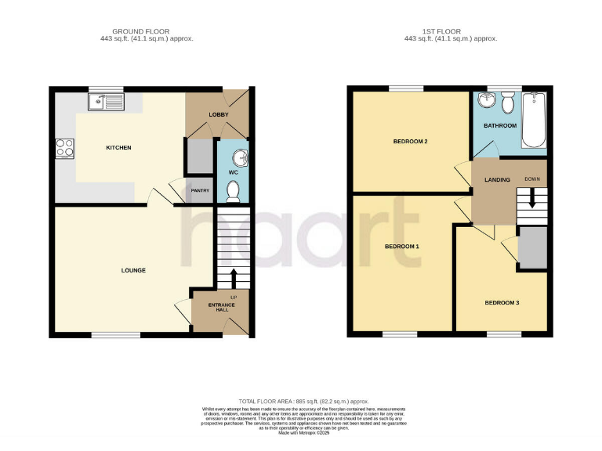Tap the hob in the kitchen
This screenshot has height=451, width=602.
[63, 147]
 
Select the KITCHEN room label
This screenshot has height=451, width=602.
[119, 147]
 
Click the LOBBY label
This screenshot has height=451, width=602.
[218, 114]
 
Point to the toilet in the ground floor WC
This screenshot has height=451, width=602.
[232, 190]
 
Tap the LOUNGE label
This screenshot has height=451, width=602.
[133, 270]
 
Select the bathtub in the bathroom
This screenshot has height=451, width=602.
[534, 120]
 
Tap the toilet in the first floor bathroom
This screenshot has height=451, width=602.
[508, 102]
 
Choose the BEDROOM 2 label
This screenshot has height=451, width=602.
[410, 142]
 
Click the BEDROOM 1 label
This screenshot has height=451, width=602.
[401, 247]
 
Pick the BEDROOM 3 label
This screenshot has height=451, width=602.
[501, 302]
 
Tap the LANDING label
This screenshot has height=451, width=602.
[497, 179]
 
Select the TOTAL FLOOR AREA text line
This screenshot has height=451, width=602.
[303, 400]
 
